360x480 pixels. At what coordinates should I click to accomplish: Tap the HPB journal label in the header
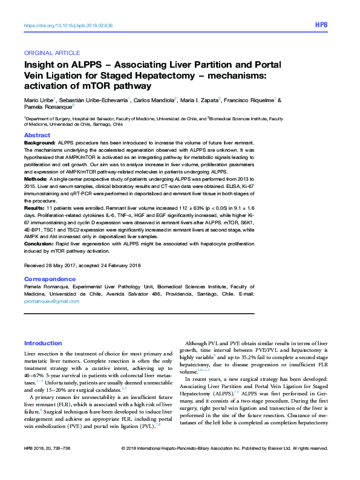tap(321, 26)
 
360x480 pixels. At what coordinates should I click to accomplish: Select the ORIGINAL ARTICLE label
tap(51, 53)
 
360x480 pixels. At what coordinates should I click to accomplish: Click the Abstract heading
tap(37, 135)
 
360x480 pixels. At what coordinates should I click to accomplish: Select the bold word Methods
tap(36, 180)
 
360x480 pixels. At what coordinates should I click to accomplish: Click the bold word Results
tap(34, 207)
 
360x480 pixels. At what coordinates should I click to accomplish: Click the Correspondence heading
tap(50, 279)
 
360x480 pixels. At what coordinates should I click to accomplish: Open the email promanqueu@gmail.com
tap(51, 301)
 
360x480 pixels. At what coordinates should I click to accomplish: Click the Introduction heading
tap(43, 343)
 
